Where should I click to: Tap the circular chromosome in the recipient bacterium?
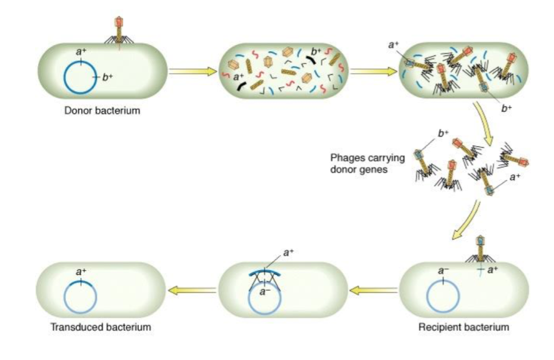[x=443, y=296]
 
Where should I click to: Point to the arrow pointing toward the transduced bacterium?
[x=190, y=289]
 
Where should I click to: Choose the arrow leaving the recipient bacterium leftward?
[x=373, y=289]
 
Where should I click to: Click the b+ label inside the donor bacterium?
[x=108, y=77]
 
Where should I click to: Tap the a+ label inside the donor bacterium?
[x=81, y=52]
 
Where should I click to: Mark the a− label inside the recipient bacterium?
[x=443, y=271]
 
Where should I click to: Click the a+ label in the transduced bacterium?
[x=81, y=272]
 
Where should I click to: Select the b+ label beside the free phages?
[x=443, y=133]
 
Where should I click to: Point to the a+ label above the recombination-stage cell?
[x=289, y=252]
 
